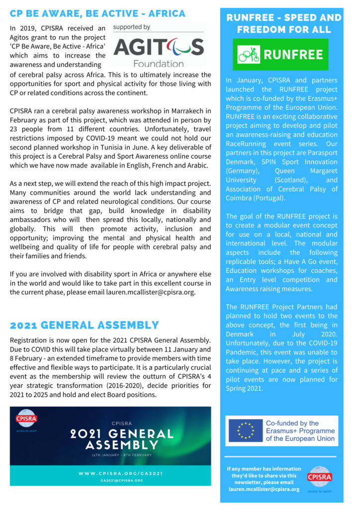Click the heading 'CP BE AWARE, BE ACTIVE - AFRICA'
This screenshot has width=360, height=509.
[97, 13]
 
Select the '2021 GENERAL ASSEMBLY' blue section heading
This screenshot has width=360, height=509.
[84, 325]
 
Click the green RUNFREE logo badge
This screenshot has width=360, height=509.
[281, 55]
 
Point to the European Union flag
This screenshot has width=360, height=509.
[245, 430]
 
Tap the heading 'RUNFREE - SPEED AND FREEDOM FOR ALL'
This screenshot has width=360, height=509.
[283, 23]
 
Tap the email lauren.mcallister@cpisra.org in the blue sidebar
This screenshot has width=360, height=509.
[264, 489]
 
